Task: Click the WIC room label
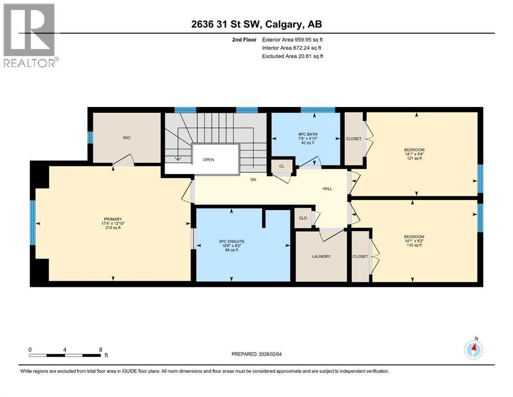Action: click(126, 139)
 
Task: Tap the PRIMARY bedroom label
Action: click(112, 219)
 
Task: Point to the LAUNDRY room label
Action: click(320, 257)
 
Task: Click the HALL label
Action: click(327, 189)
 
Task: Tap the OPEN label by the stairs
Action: click(208, 160)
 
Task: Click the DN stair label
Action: click(253, 179)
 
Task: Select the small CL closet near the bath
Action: click(282, 166)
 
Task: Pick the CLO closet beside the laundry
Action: click(303, 218)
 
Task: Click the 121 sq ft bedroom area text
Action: click(413, 158)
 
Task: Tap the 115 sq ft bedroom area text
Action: click(413, 245)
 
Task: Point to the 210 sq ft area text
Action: click(112, 227)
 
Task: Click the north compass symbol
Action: click(473, 349)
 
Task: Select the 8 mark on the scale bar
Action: click(100, 349)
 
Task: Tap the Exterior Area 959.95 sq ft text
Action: click(292, 39)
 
